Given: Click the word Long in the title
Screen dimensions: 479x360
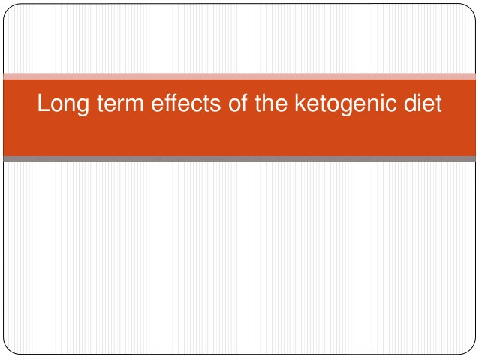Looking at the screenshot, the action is [x=63, y=104].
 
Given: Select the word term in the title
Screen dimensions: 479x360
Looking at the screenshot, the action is [x=120, y=103].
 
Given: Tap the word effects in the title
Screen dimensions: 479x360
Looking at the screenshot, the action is [x=185, y=103].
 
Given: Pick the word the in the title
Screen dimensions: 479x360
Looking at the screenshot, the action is [x=271, y=103].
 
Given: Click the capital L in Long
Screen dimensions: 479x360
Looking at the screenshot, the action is [x=43, y=103].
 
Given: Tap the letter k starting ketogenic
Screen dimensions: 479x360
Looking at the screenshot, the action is [x=300, y=103].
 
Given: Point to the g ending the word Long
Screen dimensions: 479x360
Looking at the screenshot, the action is [x=83, y=107].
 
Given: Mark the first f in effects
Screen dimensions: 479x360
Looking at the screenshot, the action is [x=169, y=103].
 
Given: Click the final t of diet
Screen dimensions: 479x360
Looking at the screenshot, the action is [x=438, y=104].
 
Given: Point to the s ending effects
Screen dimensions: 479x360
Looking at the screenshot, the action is [x=215, y=105].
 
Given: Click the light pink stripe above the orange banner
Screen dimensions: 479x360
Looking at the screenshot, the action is [x=239, y=77].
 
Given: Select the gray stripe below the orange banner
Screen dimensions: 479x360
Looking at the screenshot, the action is [x=239, y=159].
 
